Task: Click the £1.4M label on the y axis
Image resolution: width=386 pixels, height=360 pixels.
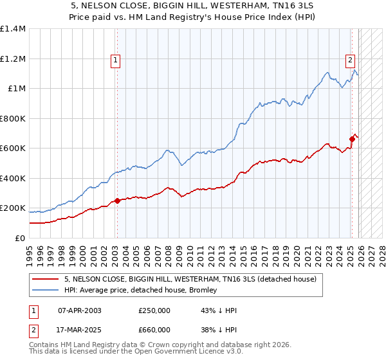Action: click(13, 29)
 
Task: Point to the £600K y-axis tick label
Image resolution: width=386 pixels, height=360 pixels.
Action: click(13, 148)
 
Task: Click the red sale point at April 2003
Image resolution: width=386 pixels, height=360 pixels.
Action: click(117, 201)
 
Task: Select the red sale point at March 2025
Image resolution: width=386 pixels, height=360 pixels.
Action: click(353, 139)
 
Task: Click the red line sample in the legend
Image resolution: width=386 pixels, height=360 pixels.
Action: click(46, 280)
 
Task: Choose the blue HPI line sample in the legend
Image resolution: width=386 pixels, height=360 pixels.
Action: click(46, 291)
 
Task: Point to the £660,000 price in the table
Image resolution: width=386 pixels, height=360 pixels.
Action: click(154, 329)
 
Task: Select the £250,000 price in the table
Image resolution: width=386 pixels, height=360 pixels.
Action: click(154, 310)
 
